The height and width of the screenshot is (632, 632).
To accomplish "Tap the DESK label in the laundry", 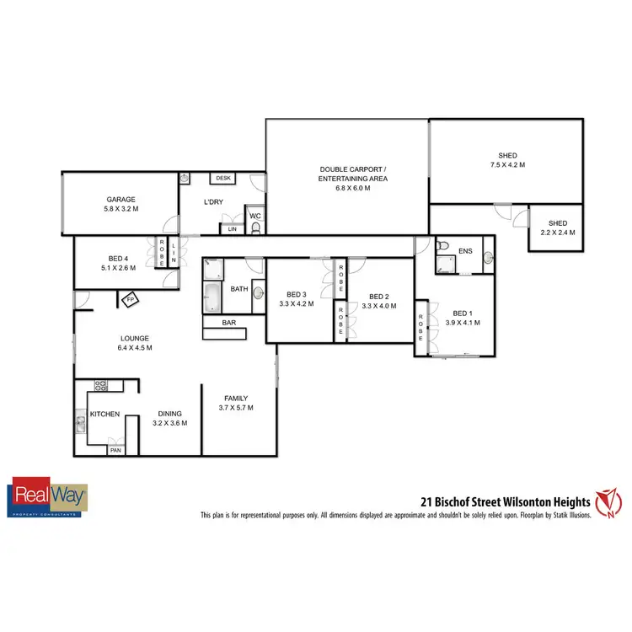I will pos(223,178).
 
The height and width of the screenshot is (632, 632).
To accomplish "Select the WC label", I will pos(255,217).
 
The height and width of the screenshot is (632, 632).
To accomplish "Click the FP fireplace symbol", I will pos(130,299).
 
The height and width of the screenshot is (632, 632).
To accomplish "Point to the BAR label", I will pos(228,323).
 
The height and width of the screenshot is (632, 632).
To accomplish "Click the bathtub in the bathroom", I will pos(212,297).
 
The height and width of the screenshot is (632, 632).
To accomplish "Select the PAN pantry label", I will pos(115,451).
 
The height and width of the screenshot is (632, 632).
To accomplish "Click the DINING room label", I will pos(170,413).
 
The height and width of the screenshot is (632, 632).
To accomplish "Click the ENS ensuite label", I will pos(465,250).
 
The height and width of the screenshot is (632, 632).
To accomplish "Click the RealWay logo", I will pos(48,496).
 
